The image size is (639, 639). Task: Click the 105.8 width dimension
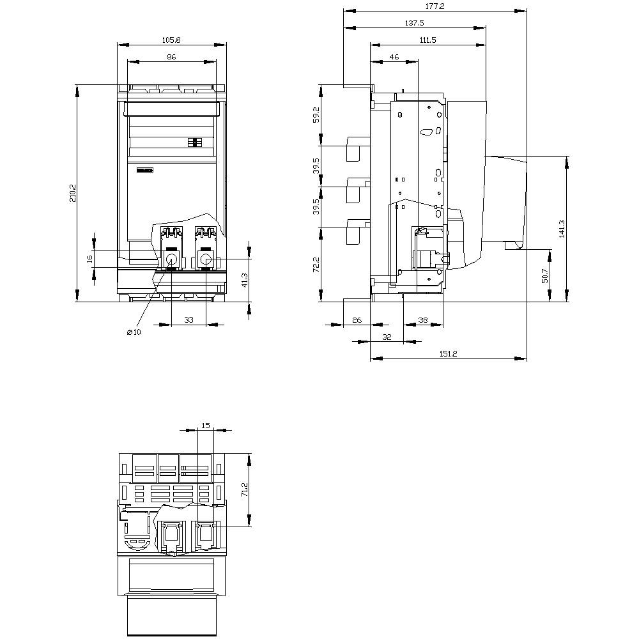[x=171, y=40]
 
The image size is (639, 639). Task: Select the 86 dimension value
[x=171, y=57]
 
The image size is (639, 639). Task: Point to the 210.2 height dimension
[x=72, y=193]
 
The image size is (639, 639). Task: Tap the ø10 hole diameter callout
[x=134, y=332]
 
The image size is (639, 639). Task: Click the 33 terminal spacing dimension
[x=189, y=319]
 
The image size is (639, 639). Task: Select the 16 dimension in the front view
[x=90, y=258]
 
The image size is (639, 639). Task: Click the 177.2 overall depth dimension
[x=435, y=6]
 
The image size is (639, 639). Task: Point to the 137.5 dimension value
[x=414, y=22]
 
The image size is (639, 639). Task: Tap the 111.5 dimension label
[x=427, y=40]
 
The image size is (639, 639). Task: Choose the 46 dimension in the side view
[x=394, y=57]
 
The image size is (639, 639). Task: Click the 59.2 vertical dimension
[x=316, y=115]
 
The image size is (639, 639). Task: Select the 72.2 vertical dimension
[x=316, y=264]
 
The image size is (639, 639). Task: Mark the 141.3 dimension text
[x=562, y=228]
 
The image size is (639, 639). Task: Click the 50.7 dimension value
[x=544, y=275]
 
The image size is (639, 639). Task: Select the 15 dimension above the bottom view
[x=205, y=425]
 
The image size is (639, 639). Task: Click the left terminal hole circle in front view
[x=172, y=259]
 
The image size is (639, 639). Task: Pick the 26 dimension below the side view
[x=357, y=319]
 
